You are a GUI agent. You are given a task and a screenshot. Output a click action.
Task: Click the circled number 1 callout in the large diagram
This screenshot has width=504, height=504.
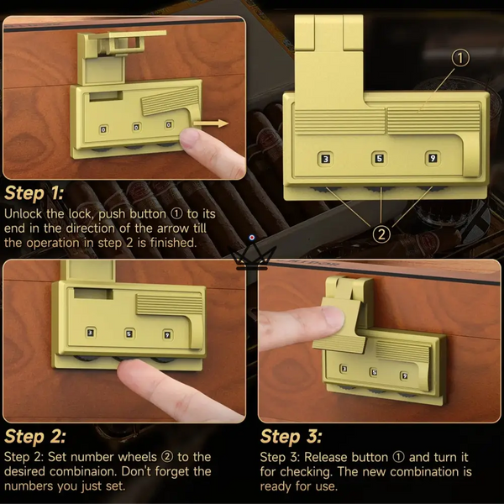pyautogui.click(x=460, y=58)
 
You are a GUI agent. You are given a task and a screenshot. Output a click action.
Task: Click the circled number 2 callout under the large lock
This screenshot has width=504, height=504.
pyautogui.click(x=381, y=234)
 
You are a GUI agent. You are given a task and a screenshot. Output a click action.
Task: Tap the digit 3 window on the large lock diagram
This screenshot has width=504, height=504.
pyautogui.click(x=326, y=159)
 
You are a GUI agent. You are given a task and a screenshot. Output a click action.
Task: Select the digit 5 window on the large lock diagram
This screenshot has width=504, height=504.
pyautogui.click(x=380, y=159)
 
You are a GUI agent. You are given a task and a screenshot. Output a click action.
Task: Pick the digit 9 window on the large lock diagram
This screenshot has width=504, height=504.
pyautogui.click(x=433, y=158)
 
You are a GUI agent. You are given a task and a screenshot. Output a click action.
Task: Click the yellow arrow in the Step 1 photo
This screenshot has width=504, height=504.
pyautogui.click(x=211, y=123)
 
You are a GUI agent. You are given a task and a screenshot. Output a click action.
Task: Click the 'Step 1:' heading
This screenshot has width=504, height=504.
pyautogui.click(x=34, y=193)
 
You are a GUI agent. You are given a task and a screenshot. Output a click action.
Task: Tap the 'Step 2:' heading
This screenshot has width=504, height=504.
pyautogui.click(x=35, y=437)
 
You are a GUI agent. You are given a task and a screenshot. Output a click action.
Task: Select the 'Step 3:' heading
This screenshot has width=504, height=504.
pyautogui.click(x=291, y=437)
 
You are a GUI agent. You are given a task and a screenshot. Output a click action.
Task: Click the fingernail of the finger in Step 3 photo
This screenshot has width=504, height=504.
pyautogui.click(x=333, y=317)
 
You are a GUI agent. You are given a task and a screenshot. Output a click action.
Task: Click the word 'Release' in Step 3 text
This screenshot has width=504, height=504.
pyautogui.click(x=325, y=457)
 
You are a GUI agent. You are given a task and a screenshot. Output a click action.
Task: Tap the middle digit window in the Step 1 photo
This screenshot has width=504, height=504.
pyautogui.click(x=137, y=127)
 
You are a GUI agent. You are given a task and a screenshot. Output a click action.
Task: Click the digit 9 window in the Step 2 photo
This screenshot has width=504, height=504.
pyautogui.click(x=167, y=335)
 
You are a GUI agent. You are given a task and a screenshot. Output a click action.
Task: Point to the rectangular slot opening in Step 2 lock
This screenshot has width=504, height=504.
pyautogui.click(x=93, y=293)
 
